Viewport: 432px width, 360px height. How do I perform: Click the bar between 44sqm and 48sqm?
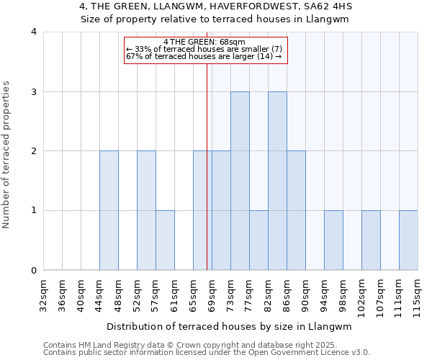point(109,210)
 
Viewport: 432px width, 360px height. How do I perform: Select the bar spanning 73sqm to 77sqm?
point(240,181)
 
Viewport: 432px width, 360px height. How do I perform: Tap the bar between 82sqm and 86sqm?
point(277,181)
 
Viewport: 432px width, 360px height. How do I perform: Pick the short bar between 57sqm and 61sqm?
point(165,240)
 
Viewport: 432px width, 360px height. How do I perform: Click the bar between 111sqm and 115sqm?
point(408,240)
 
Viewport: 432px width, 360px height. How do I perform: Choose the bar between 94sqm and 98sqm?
point(333,240)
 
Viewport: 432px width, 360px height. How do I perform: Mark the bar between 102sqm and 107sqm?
point(371,240)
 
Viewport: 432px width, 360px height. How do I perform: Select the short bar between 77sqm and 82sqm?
point(258,240)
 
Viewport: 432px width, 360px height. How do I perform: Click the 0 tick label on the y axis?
point(34,271)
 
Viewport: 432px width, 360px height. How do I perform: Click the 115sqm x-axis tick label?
point(418,295)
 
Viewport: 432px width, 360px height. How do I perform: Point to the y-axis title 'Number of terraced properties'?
point(7,155)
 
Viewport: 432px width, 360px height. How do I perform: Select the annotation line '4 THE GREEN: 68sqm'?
point(205,41)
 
